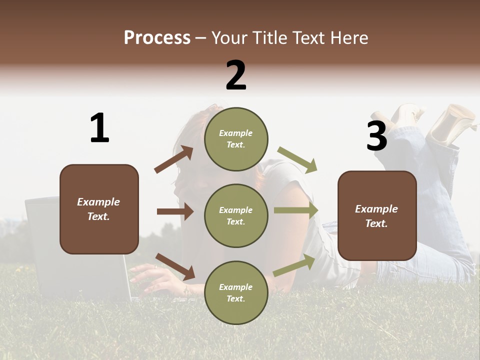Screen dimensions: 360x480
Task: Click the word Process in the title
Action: click(157, 38)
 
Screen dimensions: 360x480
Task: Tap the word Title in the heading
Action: click(269, 38)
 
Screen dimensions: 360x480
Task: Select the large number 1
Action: click(99, 128)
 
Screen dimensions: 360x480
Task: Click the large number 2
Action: click(236, 75)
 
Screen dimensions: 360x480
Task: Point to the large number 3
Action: click(376, 136)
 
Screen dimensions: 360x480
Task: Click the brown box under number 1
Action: click(99, 209)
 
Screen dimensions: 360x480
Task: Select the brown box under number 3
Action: click(377, 216)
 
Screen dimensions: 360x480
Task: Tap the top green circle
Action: click(236, 138)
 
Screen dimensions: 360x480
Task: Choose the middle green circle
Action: click(236, 215)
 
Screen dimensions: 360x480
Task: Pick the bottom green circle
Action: click(236, 292)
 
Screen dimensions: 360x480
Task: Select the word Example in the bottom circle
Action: click(235, 287)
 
